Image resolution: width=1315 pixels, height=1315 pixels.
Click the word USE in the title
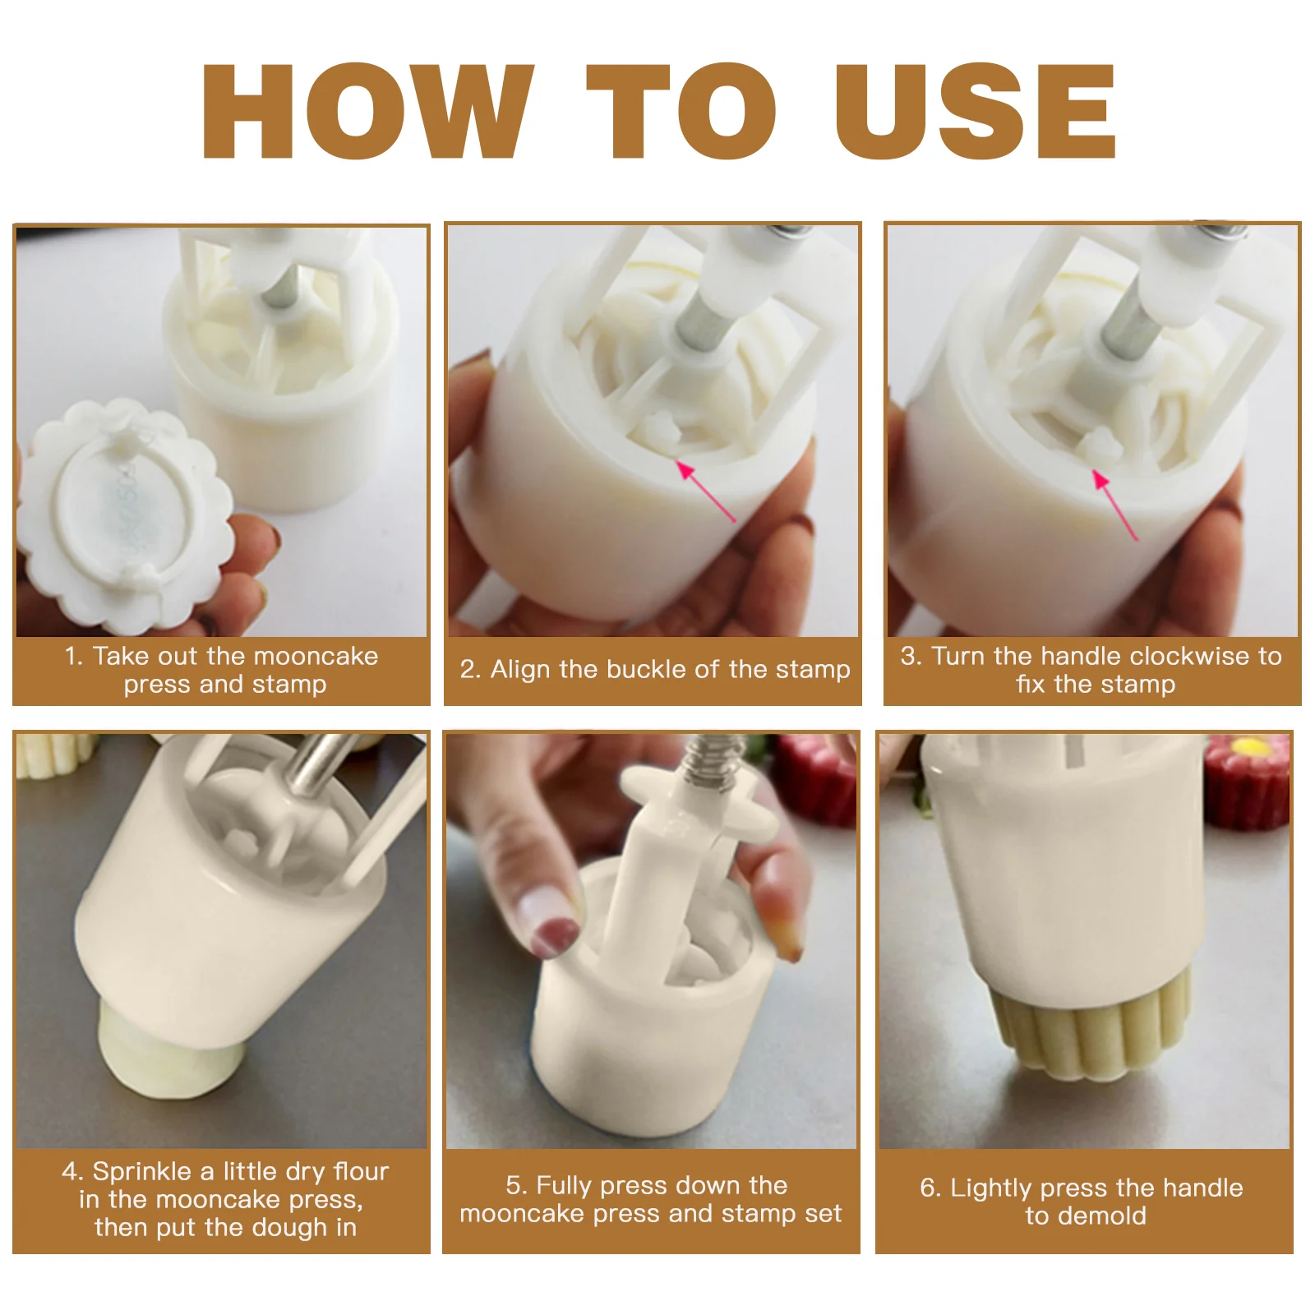976,111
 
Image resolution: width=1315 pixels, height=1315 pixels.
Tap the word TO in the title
681,111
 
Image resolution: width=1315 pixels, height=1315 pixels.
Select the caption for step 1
222,670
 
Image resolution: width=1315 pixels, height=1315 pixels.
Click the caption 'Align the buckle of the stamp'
655,669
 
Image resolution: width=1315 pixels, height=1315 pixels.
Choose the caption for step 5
651,1199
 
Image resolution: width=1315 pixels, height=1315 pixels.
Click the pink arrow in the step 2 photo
706,491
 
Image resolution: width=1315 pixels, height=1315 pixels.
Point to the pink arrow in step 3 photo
1114,505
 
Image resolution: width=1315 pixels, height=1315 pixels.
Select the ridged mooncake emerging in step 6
1093,1023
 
